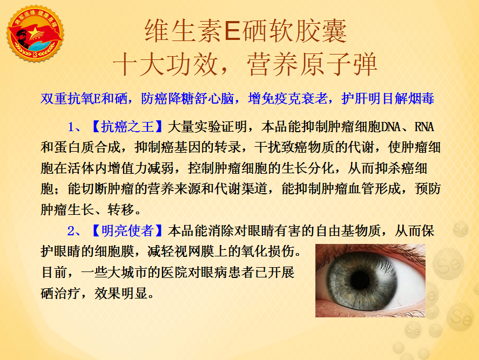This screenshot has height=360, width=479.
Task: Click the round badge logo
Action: tap(36, 33)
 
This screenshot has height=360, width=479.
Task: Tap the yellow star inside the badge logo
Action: tap(35, 33)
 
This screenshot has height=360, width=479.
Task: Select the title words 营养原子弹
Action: tap(312, 64)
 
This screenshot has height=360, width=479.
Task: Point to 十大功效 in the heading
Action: tap(165, 64)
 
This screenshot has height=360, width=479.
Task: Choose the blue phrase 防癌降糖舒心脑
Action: tap(187, 98)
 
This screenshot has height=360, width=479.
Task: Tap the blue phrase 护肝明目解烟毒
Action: tap(388, 98)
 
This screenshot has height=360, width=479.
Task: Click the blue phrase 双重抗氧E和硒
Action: tap(84, 98)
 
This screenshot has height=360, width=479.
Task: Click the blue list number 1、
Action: tap(74, 127)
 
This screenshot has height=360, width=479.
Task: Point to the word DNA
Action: tap(391, 127)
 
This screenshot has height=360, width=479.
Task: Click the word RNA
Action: tap(424, 127)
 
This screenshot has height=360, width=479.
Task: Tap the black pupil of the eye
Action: tap(361, 280)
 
